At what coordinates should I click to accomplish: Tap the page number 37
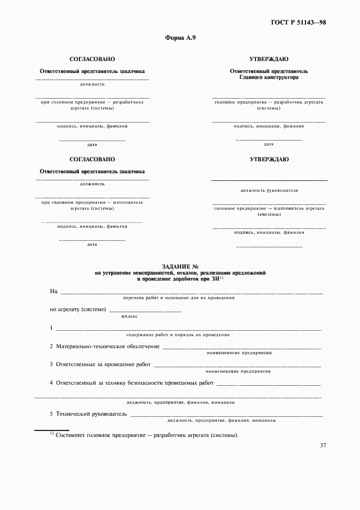click(323, 445)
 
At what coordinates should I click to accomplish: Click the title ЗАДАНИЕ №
click(180, 266)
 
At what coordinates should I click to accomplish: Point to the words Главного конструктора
click(269, 77)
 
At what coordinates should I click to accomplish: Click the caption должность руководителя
click(269, 191)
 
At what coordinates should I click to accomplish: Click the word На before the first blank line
click(53, 292)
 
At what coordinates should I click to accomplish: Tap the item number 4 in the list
click(51, 383)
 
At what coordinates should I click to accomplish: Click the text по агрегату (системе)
click(78, 309)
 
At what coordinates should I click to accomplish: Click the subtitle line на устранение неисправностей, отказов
click(180, 272)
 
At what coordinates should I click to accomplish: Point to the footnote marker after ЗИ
click(222, 277)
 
